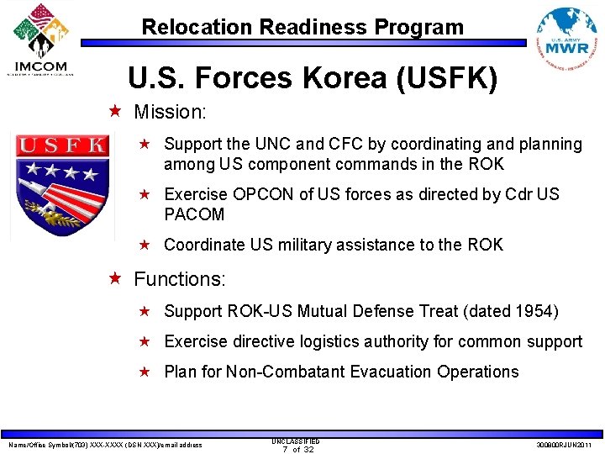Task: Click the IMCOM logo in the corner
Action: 39,39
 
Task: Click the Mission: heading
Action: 171,111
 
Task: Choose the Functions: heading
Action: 179,278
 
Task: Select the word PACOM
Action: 194,214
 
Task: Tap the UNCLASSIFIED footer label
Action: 295,441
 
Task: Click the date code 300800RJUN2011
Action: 563,445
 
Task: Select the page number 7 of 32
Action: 295,449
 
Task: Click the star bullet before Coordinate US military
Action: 144,245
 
